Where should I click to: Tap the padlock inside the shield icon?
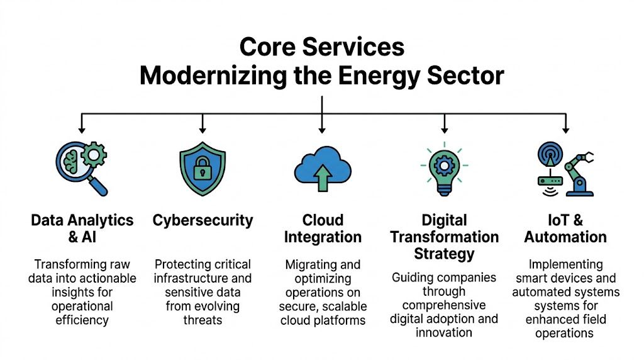point(203,169)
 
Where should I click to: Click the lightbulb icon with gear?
point(444,169)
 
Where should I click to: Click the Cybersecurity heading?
point(203,220)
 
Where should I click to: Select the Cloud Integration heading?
point(322,228)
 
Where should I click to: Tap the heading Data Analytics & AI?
point(82,228)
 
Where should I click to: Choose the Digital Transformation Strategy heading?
point(444,237)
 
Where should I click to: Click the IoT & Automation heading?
point(565,228)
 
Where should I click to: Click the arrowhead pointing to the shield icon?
point(203,129)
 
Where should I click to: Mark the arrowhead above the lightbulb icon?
point(445,129)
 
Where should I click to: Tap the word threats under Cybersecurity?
point(203,320)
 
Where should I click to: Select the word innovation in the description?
point(444,332)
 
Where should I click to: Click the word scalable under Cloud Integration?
point(346,306)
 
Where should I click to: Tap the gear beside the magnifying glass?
point(95,153)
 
